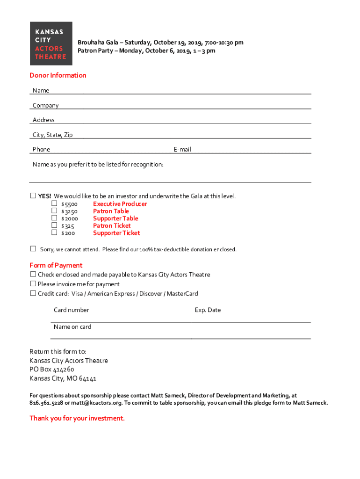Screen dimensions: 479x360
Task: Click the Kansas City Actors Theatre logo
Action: click(x=51, y=44)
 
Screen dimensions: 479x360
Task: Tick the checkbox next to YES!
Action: click(x=33, y=196)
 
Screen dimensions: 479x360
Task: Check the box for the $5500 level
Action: click(x=54, y=203)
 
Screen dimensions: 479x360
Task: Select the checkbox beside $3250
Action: click(x=54, y=211)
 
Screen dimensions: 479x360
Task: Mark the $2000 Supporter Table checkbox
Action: click(x=54, y=218)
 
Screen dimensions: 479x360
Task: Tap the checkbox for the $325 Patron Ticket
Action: click(x=54, y=225)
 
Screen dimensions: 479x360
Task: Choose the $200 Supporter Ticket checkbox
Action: click(x=54, y=232)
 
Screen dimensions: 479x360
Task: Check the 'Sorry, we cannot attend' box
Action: click(x=33, y=248)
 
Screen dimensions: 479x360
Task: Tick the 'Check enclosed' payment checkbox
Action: click(x=33, y=274)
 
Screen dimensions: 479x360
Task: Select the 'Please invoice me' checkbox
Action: click(x=33, y=283)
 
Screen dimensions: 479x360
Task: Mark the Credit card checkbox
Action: click(x=33, y=293)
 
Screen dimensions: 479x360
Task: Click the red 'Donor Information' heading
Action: click(x=58, y=75)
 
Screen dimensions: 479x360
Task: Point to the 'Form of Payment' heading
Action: click(x=56, y=265)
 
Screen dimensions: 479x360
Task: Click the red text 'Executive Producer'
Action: click(x=120, y=204)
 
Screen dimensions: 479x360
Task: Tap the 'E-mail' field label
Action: click(x=182, y=150)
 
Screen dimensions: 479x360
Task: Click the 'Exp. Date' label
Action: click(x=208, y=310)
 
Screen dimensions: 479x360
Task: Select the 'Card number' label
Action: click(x=71, y=310)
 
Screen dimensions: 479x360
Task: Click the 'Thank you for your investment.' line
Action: click(x=77, y=418)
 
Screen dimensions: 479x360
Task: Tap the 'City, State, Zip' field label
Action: click(x=52, y=135)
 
